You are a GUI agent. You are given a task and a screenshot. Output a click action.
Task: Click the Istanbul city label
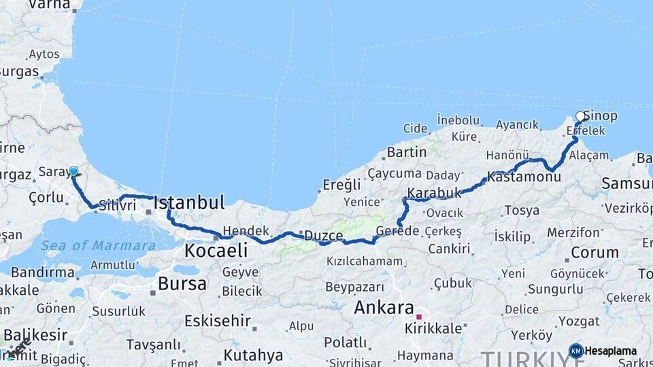[x=189, y=203]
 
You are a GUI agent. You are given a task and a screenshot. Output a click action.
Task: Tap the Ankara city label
[x=384, y=307]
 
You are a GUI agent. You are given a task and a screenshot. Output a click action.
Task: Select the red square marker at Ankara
[x=419, y=316]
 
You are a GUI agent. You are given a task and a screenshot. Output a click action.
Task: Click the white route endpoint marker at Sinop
[x=580, y=116]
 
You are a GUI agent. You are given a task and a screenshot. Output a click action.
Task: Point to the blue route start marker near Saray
[x=73, y=171]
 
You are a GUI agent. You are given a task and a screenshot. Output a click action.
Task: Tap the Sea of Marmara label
[x=98, y=245]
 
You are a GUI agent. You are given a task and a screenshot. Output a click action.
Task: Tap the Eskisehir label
[x=218, y=320]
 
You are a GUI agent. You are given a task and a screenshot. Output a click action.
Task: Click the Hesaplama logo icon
[x=575, y=351]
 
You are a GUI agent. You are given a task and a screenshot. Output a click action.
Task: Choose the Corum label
[x=595, y=252]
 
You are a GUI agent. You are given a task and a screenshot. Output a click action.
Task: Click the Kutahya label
[x=253, y=355]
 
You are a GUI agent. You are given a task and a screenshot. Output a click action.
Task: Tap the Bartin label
[x=406, y=152]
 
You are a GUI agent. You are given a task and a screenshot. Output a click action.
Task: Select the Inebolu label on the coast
[x=458, y=120]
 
